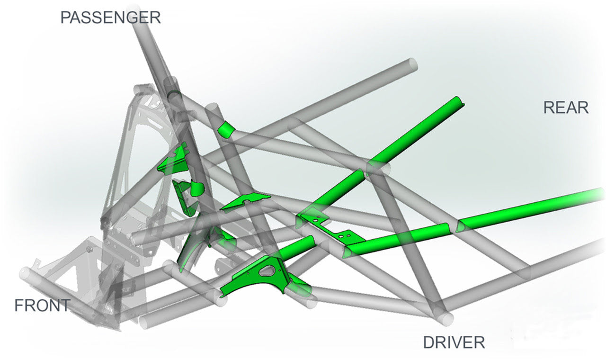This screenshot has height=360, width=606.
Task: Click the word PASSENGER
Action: [x=110, y=18]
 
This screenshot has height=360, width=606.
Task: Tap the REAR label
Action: [x=566, y=108]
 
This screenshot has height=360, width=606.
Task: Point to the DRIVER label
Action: [x=454, y=342]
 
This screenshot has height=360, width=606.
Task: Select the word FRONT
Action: [x=43, y=306]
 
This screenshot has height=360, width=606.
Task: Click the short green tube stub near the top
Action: [x=227, y=129]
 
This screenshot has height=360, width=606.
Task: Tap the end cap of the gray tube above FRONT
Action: [x=25, y=273]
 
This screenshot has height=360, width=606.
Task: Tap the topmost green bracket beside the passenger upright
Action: [x=175, y=160]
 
